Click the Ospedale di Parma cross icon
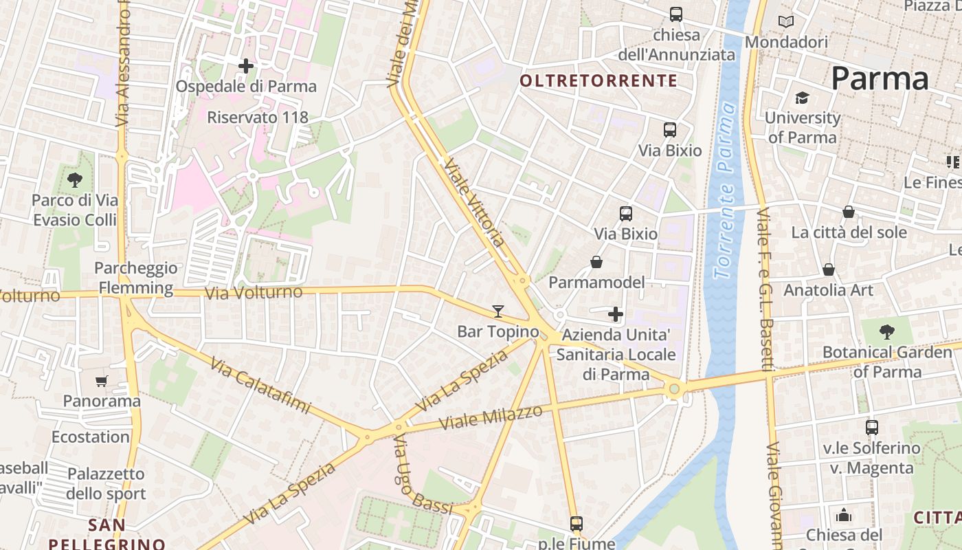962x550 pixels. pos(246,66)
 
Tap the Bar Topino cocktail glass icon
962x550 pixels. pos(498,311)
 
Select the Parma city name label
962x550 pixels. pos(880,78)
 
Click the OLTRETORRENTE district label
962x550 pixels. pos(599,81)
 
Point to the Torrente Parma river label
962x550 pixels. pos(725,191)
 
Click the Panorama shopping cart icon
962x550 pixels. pos(102,381)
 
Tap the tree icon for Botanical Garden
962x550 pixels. pos(887,332)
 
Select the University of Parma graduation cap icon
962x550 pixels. pos(802,98)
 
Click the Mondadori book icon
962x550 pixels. pos(786,22)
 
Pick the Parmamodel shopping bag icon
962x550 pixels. pos(596,262)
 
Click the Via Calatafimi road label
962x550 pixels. pos(260,386)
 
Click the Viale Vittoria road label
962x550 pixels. pos(475,203)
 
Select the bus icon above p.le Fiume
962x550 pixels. pos(577,524)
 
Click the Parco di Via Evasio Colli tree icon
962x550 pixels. pos(75,180)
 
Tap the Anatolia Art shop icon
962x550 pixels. pos(829,269)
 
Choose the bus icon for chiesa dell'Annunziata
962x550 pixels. pos(676,14)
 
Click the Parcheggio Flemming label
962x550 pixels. pos(135,278)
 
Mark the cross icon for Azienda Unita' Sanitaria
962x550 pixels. pos(616,315)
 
